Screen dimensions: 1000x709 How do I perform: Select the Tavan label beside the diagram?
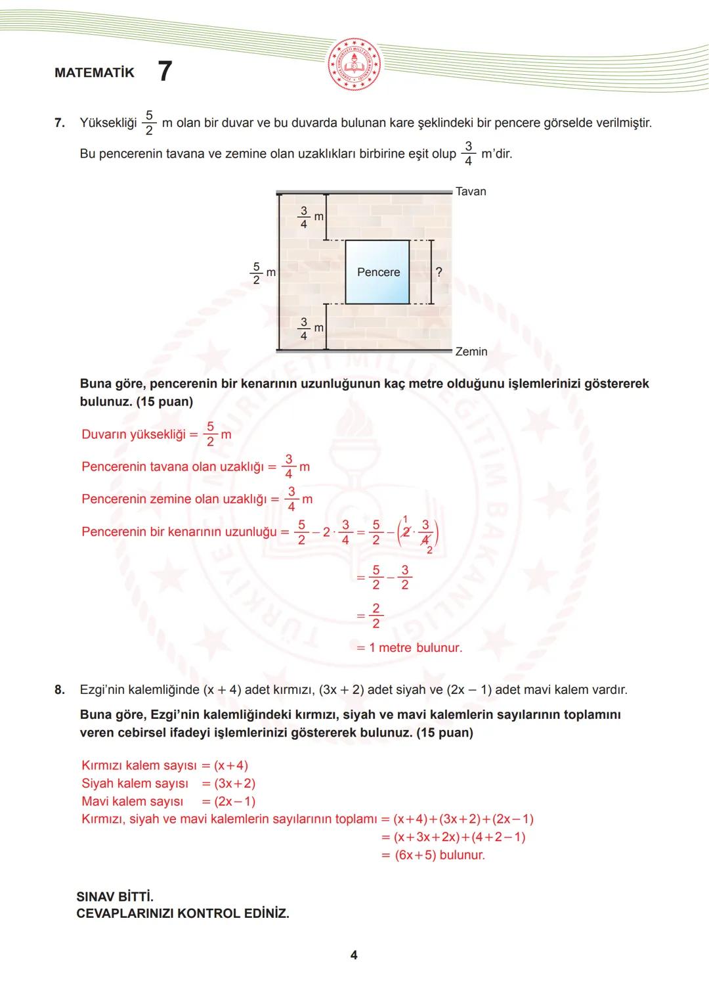point(471,191)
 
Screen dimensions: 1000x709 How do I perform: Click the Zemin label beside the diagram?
point(471,352)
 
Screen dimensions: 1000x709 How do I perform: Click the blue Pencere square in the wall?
point(378,272)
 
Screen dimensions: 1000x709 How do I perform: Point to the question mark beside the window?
point(439,271)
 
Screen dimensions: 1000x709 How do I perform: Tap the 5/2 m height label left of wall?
point(261,273)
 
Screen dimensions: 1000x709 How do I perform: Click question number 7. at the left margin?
point(60,123)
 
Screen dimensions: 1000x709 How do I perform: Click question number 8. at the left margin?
point(60,690)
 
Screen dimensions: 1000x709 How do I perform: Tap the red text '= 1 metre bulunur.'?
point(409,648)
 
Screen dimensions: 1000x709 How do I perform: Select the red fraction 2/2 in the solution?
point(376,616)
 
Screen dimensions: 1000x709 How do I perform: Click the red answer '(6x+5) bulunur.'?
point(439,855)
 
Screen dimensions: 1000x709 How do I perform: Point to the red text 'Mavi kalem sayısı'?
point(132,802)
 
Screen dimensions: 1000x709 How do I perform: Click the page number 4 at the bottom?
point(354,955)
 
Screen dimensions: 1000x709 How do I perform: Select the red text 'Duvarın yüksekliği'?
point(133,434)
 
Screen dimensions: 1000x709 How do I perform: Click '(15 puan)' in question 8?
point(444,733)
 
